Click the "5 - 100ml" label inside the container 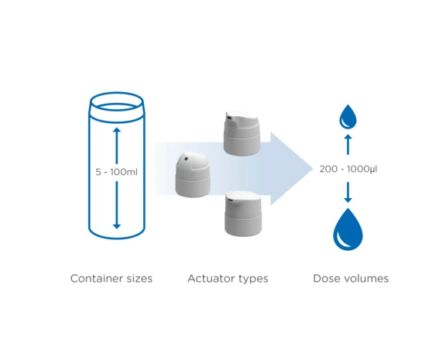(116, 172)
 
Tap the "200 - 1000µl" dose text (348, 168)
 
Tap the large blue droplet (348, 230)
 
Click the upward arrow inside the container (116, 143)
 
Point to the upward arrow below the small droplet (348, 145)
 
